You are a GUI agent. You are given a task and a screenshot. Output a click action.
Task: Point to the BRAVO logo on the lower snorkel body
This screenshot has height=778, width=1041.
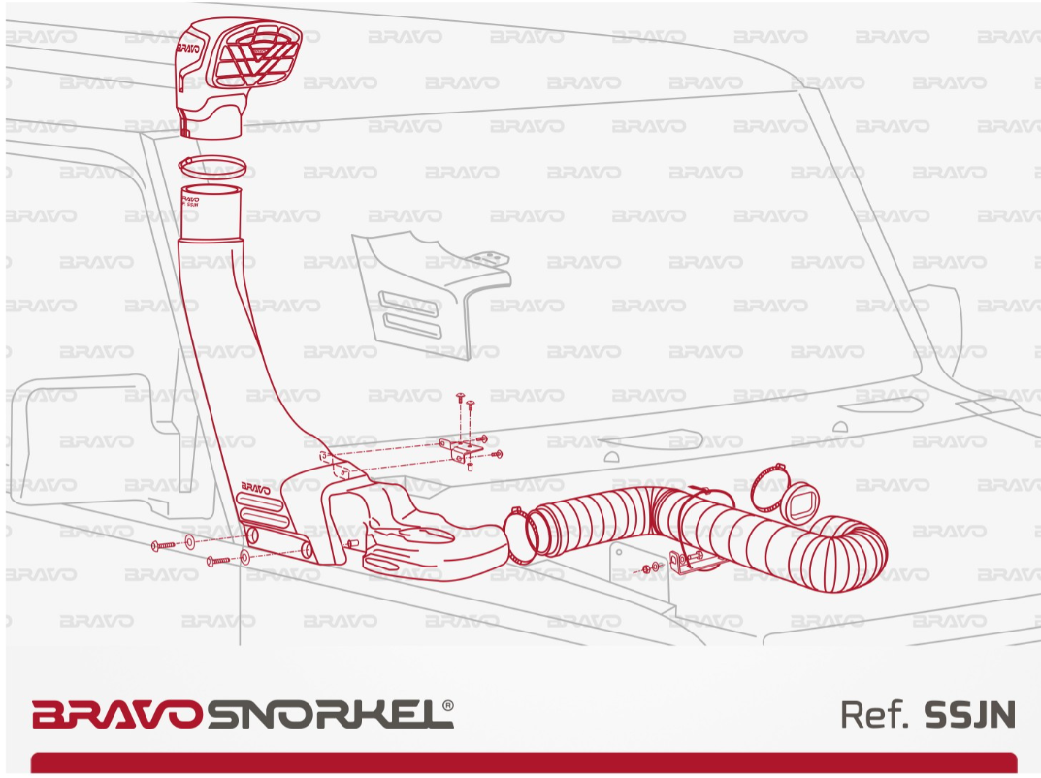click(255, 489)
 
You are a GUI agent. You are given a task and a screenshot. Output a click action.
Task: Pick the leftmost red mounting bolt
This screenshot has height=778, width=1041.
click(163, 545)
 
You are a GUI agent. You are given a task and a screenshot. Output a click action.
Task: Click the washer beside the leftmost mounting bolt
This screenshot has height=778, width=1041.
click(190, 542)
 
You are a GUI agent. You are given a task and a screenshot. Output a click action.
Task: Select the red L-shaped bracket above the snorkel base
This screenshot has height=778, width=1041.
click(458, 448)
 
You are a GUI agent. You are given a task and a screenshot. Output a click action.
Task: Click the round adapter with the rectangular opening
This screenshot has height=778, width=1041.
click(800, 500)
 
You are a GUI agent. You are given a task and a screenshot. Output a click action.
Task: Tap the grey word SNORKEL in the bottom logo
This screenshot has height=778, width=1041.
click(324, 714)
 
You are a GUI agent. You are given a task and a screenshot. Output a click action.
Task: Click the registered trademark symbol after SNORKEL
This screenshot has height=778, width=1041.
click(448, 705)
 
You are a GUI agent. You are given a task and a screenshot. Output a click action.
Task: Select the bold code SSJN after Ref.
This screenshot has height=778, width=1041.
click(969, 714)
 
